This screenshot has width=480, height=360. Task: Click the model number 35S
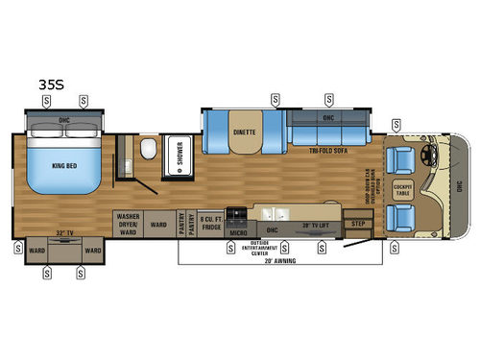tap(51, 84)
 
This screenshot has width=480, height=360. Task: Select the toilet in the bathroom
tap(148, 151)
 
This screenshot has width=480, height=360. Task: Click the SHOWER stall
tap(179, 158)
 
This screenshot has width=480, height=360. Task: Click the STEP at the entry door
tap(359, 224)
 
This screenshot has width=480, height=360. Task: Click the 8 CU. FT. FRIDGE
tap(211, 224)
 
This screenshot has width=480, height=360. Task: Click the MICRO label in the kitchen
tap(239, 231)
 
